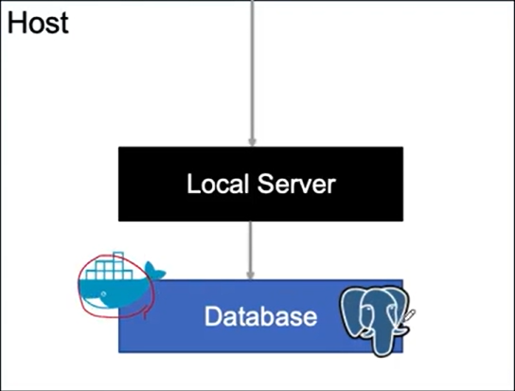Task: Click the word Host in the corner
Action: tap(38, 23)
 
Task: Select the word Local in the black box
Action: tap(218, 184)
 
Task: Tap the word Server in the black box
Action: tap(296, 184)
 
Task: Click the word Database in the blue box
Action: tap(260, 316)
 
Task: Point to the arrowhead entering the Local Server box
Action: tap(252, 142)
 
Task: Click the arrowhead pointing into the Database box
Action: tap(250, 275)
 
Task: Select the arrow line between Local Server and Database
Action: tap(250, 250)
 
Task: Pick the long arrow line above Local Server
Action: tap(252, 73)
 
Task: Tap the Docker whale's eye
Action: tap(104, 293)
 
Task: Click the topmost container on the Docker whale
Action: tap(118, 256)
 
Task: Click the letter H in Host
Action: tap(15, 23)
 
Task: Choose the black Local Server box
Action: tap(260, 184)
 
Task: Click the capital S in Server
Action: tap(266, 184)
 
